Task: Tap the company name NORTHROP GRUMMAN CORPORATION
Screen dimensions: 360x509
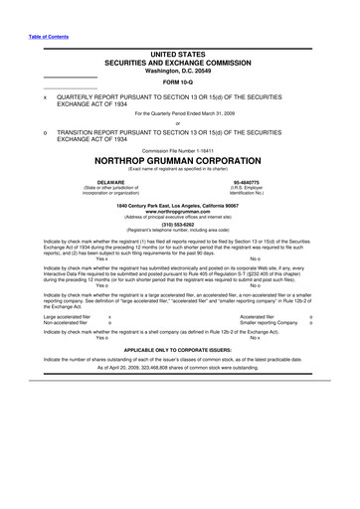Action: (x=180, y=159)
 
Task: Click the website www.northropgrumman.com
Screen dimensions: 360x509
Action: (x=180, y=212)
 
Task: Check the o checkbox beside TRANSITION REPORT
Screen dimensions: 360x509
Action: (x=32, y=130)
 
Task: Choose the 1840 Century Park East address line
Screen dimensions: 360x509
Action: (x=180, y=205)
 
